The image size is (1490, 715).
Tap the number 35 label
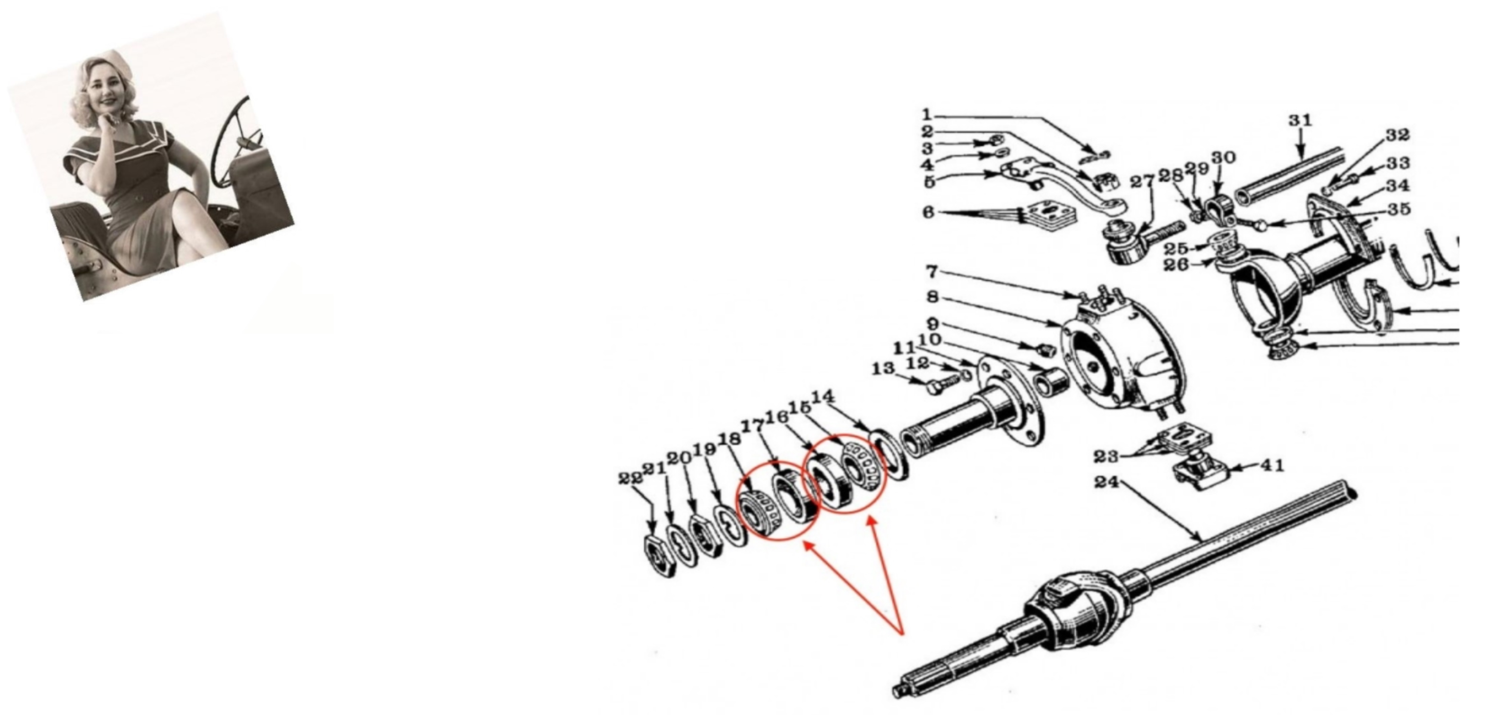coord(1398,209)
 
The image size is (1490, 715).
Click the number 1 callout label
coord(926,114)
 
